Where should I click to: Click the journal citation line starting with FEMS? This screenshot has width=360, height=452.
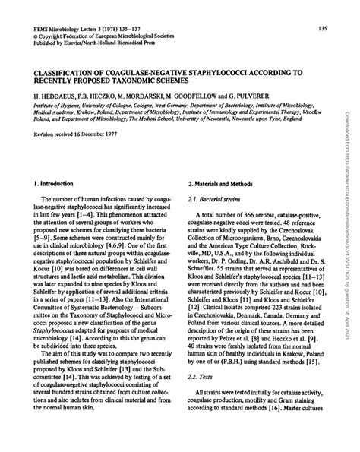84,29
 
